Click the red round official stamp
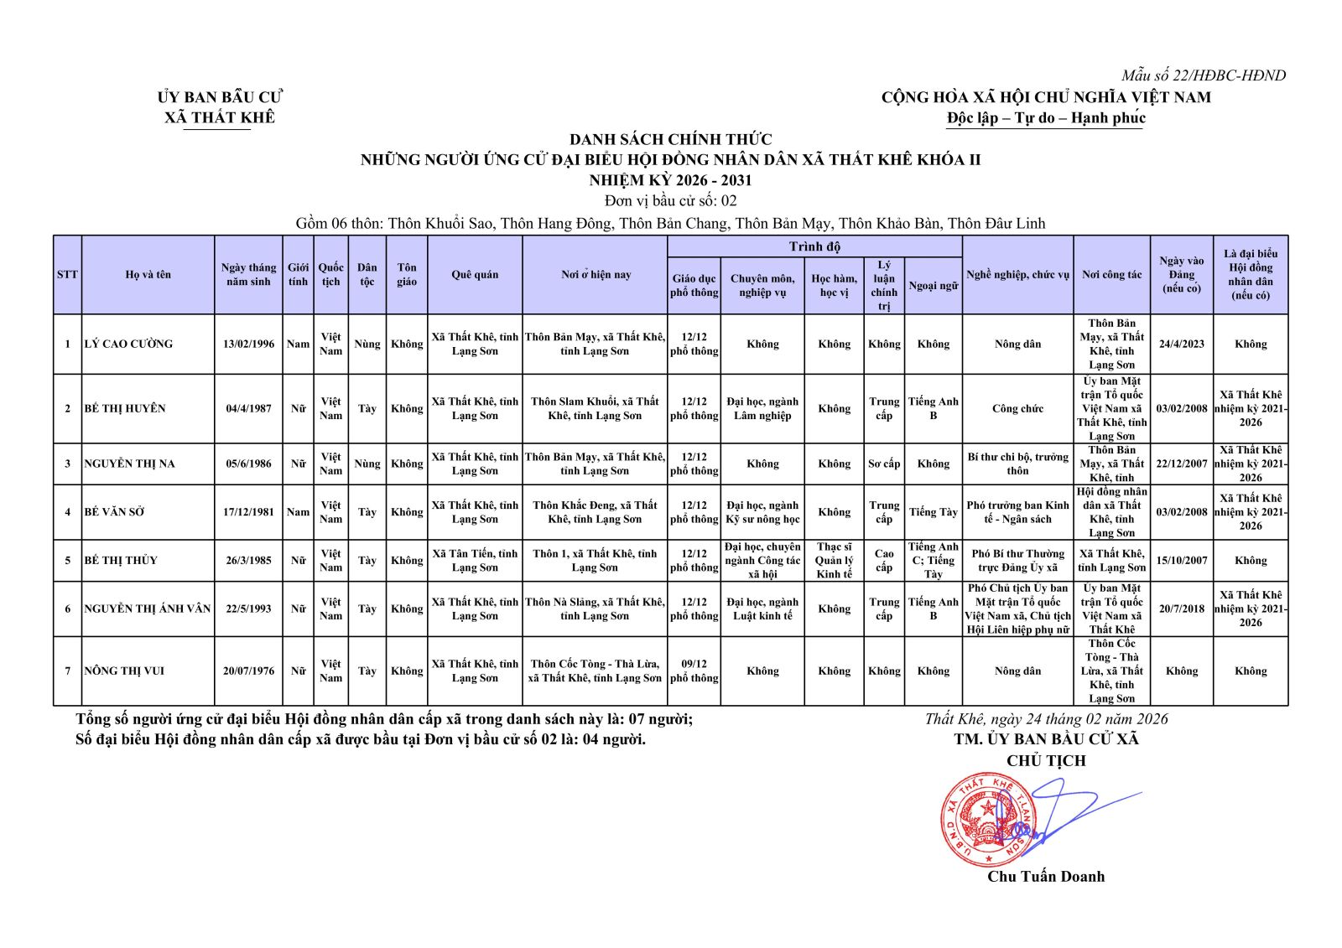(x=988, y=820)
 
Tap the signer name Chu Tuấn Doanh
(x=1045, y=877)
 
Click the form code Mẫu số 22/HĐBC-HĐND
(x=1203, y=75)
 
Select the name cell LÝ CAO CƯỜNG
(x=128, y=344)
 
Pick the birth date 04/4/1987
(x=248, y=408)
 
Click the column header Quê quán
(x=475, y=275)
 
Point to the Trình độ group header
(x=814, y=246)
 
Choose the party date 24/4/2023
(x=1181, y=344)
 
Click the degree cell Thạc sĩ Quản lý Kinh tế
(x=834, y=560)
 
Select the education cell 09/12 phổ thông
(x=694, y=671)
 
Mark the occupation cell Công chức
(x=1017, y=408)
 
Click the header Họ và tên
(x=148, y=275)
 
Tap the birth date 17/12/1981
(x=248, y=511)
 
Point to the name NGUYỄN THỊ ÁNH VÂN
(x=148, y=609)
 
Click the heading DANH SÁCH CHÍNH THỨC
(x=670, y=139)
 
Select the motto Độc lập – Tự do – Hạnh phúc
(x=1046, y=118)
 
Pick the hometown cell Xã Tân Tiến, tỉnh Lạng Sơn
(x=475, y=560)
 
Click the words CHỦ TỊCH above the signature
(x=1046, y=761)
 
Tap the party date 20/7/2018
(x=1181, y=609)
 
